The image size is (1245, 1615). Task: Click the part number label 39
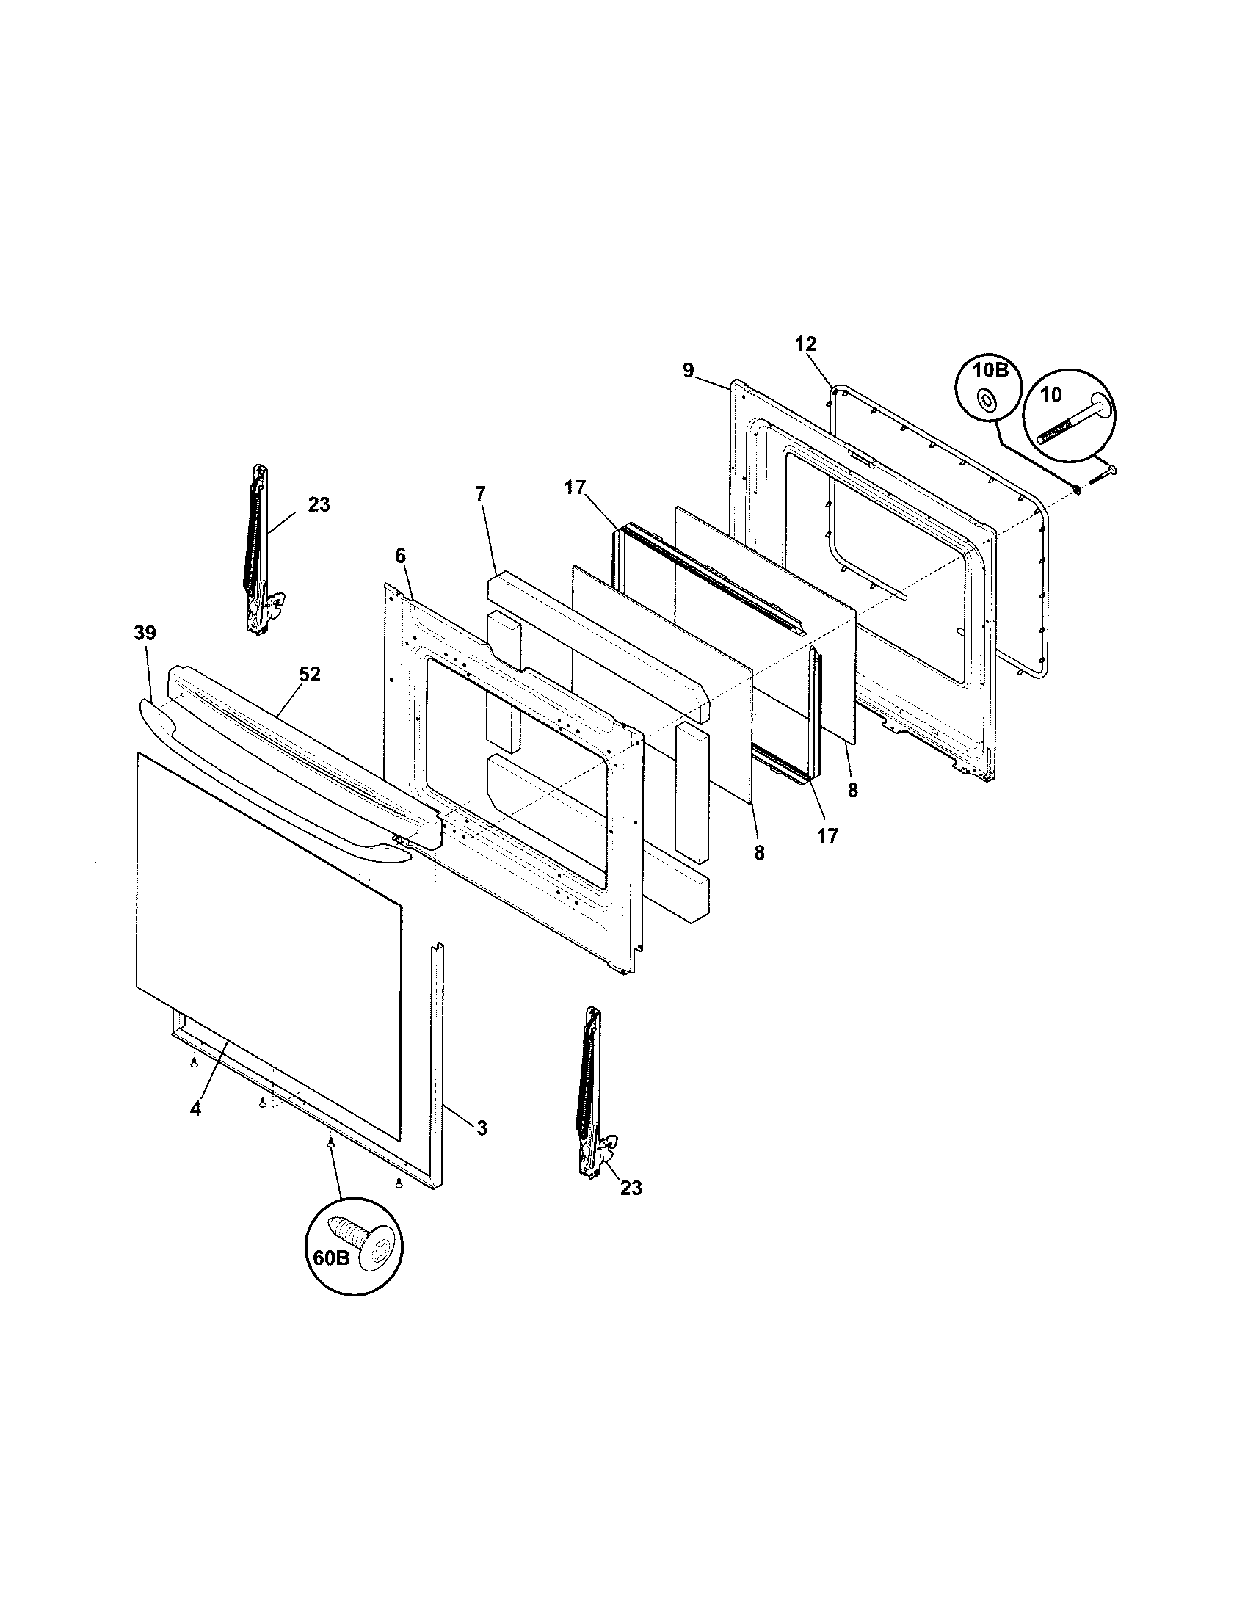coord(145,633)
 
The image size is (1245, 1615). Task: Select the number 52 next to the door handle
coord(310,675)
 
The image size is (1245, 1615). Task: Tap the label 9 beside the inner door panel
coord(689,371)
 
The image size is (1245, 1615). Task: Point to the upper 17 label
coord(575,487)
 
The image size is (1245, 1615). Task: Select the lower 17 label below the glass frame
coord(828,835)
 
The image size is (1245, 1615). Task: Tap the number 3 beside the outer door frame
coord(482,1128)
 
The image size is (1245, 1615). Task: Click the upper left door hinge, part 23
coord(258,551)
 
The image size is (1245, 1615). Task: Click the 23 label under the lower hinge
coord(631,1188)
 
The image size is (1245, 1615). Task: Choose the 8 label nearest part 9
coord(852,791)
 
